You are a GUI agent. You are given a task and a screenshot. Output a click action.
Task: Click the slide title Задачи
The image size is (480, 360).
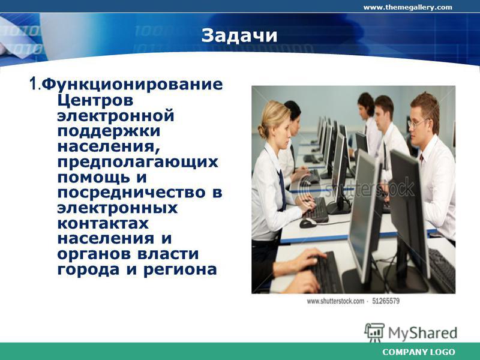239,35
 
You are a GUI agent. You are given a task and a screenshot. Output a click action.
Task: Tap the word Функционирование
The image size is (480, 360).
132,85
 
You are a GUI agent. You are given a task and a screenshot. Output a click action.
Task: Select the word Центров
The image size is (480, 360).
95,100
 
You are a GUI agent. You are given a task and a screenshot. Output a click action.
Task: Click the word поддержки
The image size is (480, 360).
109,131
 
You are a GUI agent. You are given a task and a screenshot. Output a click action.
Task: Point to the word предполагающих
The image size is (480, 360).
138,162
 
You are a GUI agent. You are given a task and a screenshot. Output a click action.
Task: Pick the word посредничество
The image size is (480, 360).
131,193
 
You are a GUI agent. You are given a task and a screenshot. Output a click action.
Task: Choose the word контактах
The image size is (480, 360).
103,223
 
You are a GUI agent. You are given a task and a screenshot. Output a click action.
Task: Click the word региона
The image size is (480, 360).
180,270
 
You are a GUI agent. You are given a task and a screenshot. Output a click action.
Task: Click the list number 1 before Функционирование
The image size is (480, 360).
33,83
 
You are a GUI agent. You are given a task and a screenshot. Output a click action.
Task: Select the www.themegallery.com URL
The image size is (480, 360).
407,7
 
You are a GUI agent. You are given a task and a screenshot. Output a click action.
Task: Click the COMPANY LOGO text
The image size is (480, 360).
418,352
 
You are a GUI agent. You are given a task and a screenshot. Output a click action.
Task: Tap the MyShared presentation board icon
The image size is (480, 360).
374,333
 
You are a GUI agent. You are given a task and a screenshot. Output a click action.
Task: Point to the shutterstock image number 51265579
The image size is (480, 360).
386,301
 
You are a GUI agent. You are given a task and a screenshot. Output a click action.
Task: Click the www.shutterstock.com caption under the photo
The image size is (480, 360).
335,301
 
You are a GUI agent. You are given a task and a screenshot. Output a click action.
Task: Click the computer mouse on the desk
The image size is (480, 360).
308,223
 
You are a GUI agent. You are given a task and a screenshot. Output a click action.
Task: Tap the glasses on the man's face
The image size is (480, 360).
417,123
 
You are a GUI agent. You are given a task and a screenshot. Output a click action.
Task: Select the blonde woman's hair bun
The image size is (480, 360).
262,131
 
